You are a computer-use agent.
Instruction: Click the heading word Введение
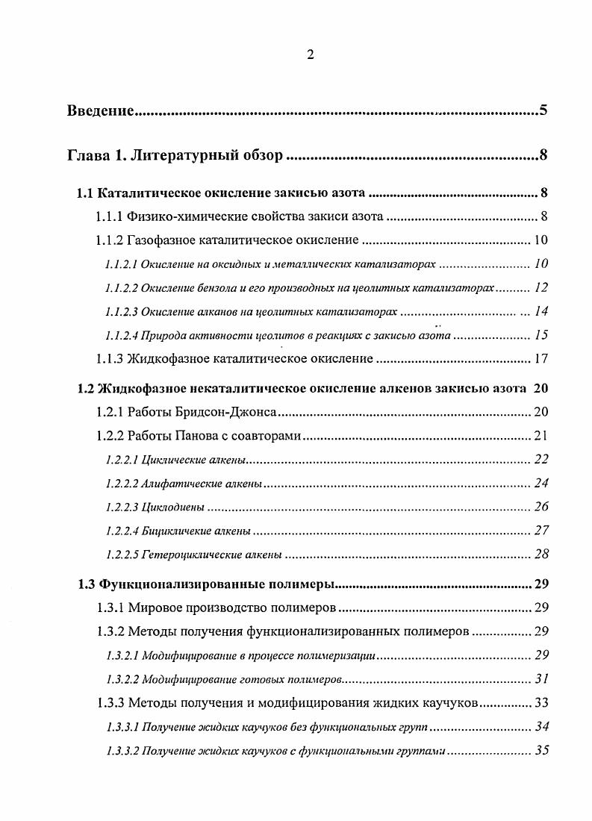click(x=100, y=111)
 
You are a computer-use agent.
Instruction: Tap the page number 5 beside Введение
click(x=543, y=111)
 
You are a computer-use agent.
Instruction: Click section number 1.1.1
click(x=110, y=217)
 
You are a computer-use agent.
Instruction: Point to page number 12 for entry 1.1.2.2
click(x=541, y=287)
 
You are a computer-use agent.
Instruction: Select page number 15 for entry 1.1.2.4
click(x=541, y=334)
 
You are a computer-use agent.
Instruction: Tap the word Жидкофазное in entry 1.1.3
click(x=163, y=358)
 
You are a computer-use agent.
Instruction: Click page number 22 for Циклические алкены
click(x=541, y=459)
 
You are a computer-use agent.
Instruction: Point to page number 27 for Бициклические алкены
click(x=541, y=531)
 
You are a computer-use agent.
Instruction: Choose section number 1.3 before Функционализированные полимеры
click(x=86, y=584)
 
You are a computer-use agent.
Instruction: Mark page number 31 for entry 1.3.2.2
click(x=541, y=678)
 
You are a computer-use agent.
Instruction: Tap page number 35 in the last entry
click(x=541, y=750)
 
